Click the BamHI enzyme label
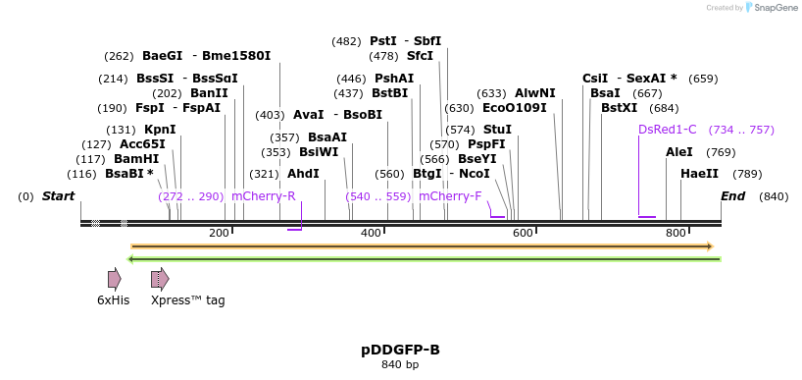pyautogui.click(x=136, y=159)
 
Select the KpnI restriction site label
pyautogui.click(x=160, y=130)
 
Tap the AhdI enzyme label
pyautogui.click(x=303, y=174)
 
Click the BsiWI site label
pyautogui.click(x=319, y=152)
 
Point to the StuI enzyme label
pyautogui.click(x=497, y=130)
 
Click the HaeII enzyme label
pyautogui.click(x=699, y=174)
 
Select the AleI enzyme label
pyautogui.click(x=679, y=152)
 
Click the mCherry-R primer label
pyautogui.click(x=263, y=196)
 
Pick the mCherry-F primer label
pyautogui.click(x=450, y=196)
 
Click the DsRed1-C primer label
pyautogui.click(x=667, y=130)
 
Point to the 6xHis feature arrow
pyautogui.click(x=114, y=279)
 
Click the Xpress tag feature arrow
pyautogui.click(x=160, y=279)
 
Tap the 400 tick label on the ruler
pyautogui.click(x=372, y=233)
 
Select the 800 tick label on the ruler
pyautogui.click(x=676, y=233)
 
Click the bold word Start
pyautogui.click(x=58, y=196)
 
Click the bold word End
pyautogui.click(x=733, y=196)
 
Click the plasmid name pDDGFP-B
pyautogui.click(x=400, y=350)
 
